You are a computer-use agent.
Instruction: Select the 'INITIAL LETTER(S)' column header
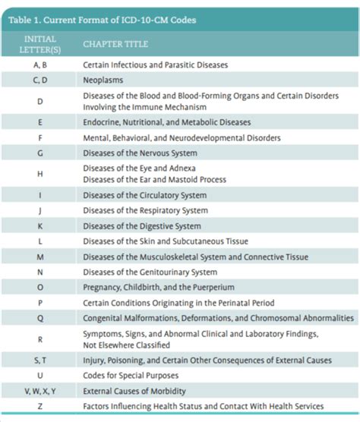coord(39,43)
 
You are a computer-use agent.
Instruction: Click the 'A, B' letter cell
coord(39,65)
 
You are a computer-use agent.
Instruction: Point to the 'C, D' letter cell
coord(39,80)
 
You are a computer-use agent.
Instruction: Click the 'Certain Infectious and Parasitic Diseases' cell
coord(155,65)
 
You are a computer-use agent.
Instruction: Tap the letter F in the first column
coord(39,138)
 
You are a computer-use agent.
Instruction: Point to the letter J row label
coord(39,211)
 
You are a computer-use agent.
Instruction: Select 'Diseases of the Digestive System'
coord(142,226)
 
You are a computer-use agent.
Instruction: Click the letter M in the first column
coord(39,257)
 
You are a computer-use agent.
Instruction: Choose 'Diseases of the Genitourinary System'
coord(150,272)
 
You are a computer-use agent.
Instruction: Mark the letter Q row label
coord(39,318)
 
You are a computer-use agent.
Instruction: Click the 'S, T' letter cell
coord(39,360)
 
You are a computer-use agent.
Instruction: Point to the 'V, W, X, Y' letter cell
coord(39,391)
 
